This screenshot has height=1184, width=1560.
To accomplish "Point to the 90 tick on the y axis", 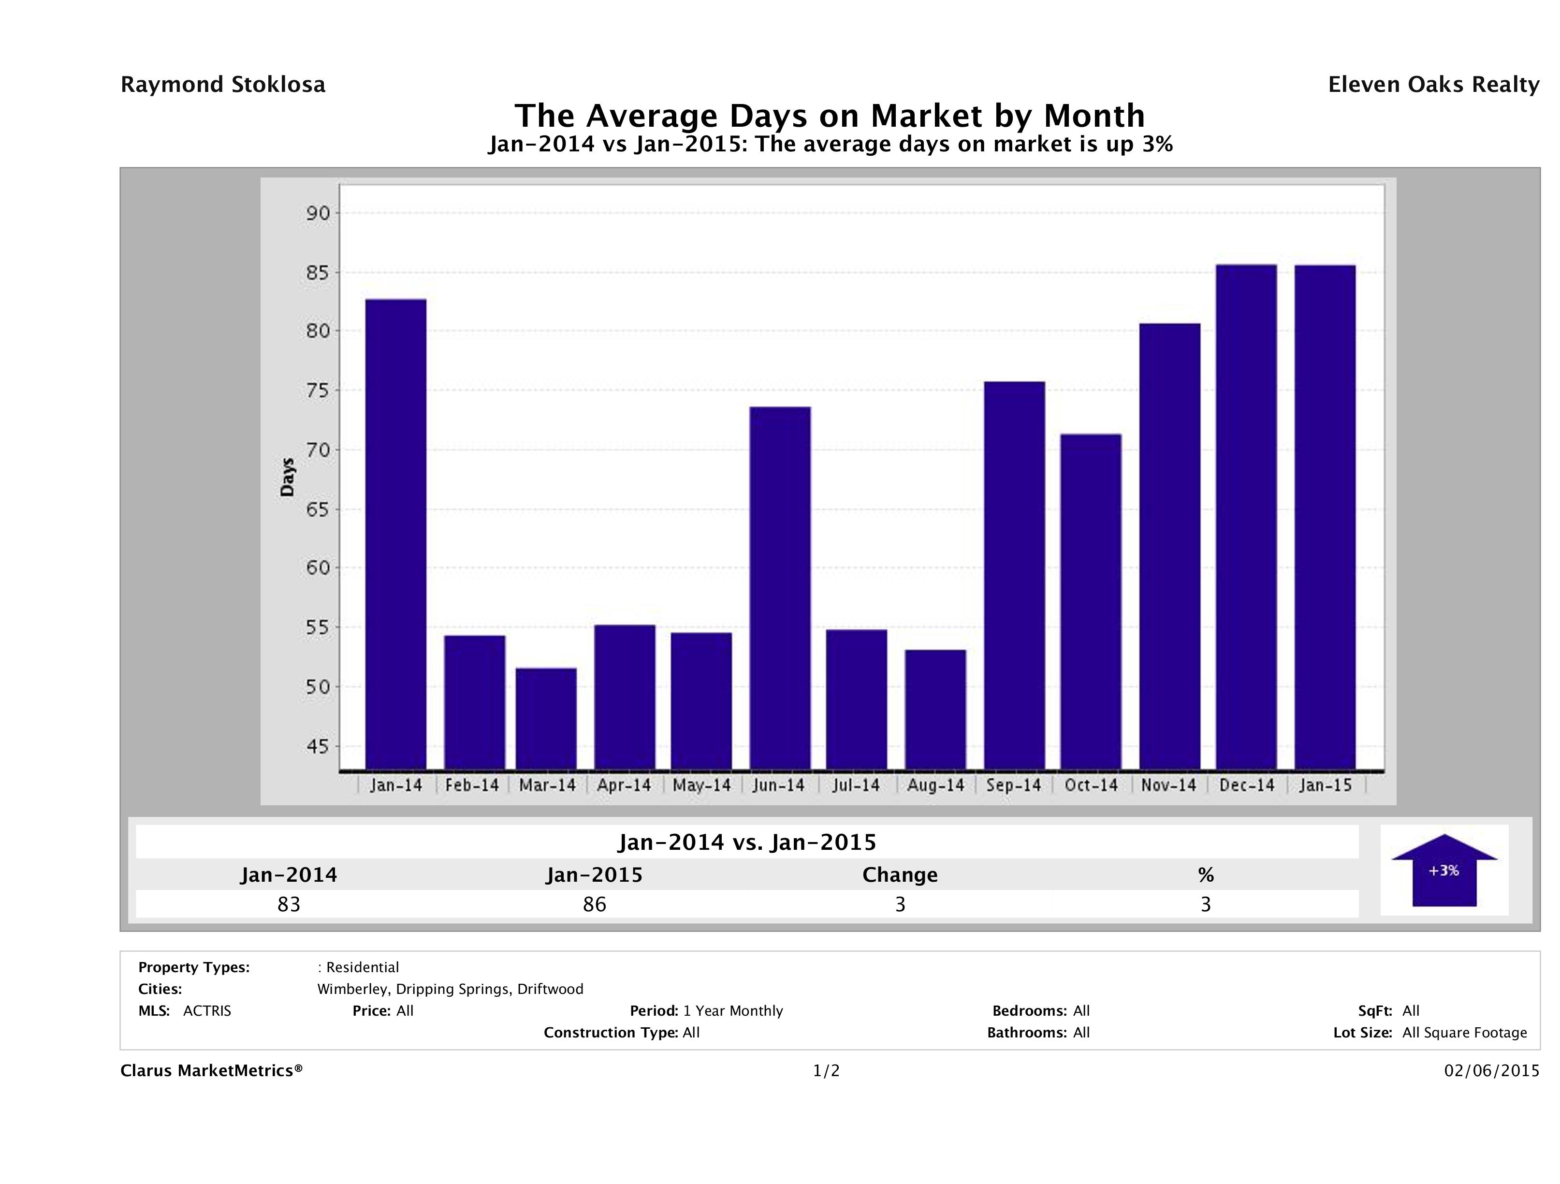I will coord(318,213).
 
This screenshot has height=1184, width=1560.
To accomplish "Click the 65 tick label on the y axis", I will coord(318,509).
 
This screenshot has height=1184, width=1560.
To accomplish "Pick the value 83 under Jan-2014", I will coord(289,904).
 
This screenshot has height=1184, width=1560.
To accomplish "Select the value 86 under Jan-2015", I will coord(595,904).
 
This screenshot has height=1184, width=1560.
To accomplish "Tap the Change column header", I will coord(900,875).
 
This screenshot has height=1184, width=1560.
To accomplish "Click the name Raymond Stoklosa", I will coord(223,85).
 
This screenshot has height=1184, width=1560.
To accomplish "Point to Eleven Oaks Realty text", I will coord(1433,85).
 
